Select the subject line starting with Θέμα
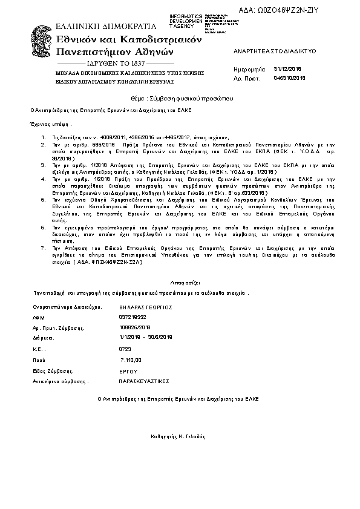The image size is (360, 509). click(178, 97)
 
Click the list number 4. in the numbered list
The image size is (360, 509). click(42, 180)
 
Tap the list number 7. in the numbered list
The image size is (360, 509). click(42, 248)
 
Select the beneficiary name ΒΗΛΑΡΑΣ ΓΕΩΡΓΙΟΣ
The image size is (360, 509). click(146, 307)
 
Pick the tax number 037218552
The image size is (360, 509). click(134, 317)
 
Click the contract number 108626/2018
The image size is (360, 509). click(136, 327)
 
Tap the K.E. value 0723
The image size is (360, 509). click(126, 349)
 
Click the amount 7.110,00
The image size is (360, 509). click(131, 360)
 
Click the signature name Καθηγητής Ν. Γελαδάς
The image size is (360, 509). click(178, 436)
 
